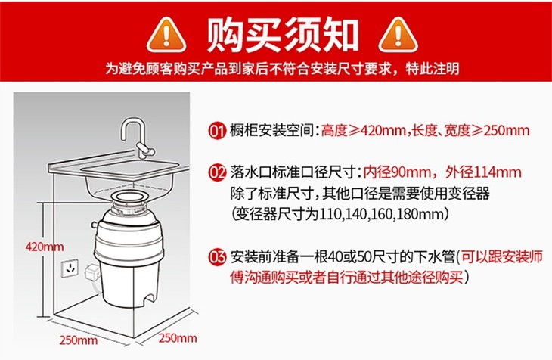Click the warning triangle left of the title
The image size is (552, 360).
pos(166,36)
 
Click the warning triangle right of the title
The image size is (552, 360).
pos(398,36)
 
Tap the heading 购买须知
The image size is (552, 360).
pos(282,36)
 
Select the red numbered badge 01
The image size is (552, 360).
pos(217,131)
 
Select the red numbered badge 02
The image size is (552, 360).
pos(217,172)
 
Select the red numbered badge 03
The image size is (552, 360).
pos(217,257)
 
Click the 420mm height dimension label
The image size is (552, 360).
pos(45,247)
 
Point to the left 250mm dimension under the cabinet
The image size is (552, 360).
pos(78,340)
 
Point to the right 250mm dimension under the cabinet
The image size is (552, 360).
pos(178,338)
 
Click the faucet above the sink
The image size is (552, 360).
pos(138,139)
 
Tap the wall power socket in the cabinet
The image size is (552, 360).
pos(70,268)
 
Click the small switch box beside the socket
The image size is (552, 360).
pos(92,274)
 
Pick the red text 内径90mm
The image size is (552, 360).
pos(397,172)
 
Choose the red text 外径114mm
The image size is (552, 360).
pos(483,172)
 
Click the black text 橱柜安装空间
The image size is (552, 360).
pos(271,131)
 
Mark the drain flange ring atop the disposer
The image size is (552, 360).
pos(129,197)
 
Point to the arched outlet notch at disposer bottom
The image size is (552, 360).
pos(148,299)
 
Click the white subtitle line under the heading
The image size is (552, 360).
pos(282,68)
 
